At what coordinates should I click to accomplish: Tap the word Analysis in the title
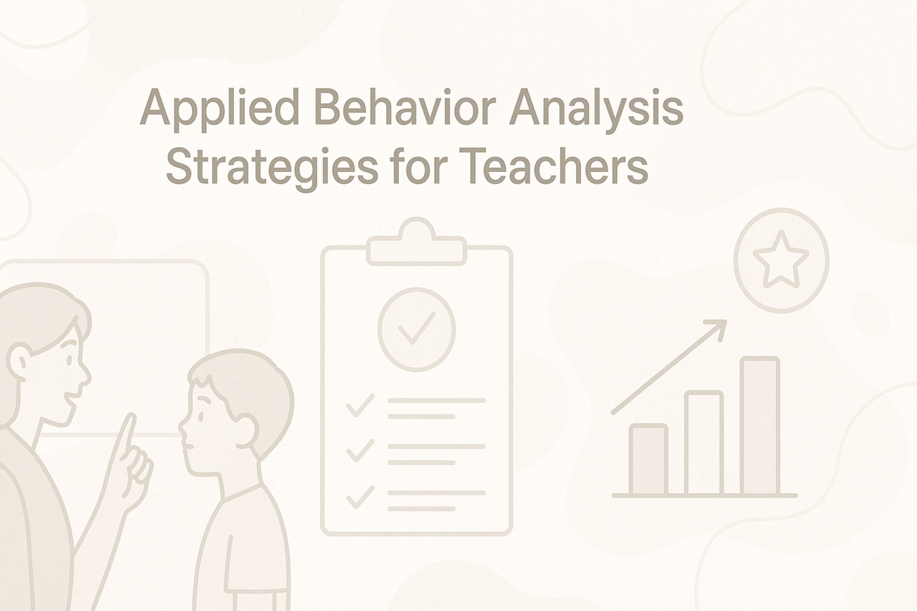tap(596, 111)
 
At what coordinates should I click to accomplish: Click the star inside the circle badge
tap(781, 259)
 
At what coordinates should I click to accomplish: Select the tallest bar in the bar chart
tap(759, 425)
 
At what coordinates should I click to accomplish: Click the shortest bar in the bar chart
tap(649, 459)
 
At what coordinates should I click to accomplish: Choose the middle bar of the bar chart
tap(704, 443)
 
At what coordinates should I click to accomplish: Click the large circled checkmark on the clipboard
tap(416, 329)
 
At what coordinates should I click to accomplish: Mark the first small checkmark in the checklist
tap(360, 405)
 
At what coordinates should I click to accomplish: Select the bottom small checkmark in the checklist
tap(360, 497)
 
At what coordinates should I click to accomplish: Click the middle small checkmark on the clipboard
tap(360, 451)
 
